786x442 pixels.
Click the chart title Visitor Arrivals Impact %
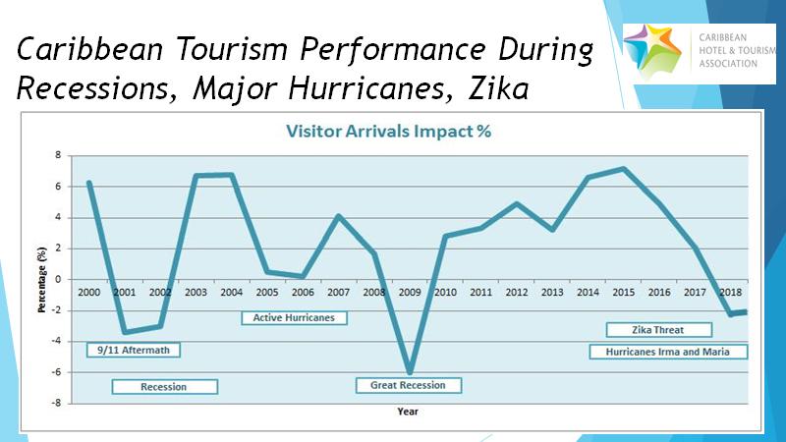388,132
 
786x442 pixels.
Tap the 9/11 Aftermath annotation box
134,350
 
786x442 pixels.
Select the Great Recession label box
408,385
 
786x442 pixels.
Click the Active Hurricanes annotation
294,317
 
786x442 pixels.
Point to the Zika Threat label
658,330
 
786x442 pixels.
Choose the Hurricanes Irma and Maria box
668,352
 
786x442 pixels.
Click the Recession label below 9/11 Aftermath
164,387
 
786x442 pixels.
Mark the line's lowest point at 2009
410,372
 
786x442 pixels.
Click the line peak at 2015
623,169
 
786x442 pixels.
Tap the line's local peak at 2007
339,216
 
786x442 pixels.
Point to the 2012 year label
517,292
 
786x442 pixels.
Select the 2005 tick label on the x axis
267,292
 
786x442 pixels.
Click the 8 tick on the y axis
58,155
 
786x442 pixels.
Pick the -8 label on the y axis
56,403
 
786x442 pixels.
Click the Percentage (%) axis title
41,280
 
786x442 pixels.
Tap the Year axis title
408,412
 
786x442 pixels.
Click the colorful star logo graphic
653,51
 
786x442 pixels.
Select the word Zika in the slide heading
498,88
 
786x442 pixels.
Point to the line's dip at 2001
125,332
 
